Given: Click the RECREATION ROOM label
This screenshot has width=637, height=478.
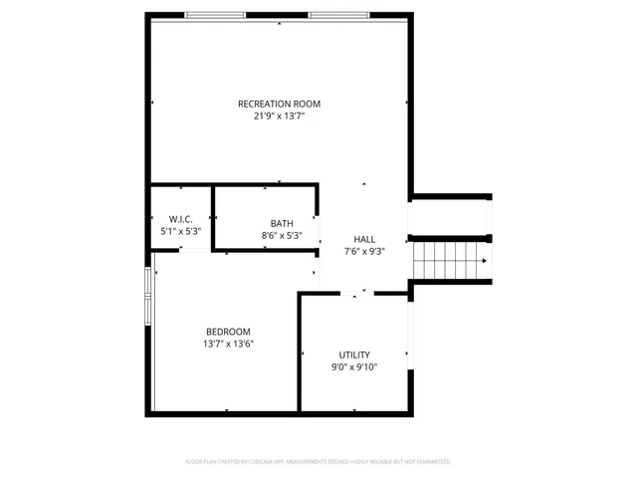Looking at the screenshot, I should point(279,104).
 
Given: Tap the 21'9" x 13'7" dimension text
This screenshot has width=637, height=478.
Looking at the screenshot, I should point(279,116).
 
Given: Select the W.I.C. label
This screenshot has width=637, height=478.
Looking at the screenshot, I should point(180,219).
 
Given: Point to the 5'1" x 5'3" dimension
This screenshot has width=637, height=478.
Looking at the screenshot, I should point(180,231).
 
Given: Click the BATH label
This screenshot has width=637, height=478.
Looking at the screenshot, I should point(282,223).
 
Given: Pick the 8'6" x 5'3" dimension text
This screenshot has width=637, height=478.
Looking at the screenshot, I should point(282,236).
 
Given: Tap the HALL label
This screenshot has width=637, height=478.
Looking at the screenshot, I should point(364,239).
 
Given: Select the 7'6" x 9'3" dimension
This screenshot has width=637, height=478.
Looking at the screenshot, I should point(364,252).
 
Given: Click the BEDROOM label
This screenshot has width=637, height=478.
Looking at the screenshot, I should point(228,332).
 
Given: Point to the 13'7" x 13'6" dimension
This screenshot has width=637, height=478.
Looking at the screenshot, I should point(228,345).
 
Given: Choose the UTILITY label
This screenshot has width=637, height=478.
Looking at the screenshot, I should point(354,355).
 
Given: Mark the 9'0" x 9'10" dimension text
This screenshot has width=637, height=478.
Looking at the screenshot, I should point(354,367).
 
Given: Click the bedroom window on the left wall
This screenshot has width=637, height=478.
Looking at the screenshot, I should point(148,297).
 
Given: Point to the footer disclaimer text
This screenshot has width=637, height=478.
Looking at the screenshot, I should point(318,461).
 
